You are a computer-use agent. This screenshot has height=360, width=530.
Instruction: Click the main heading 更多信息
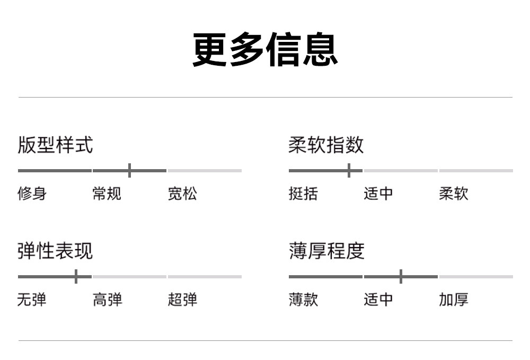click(x=266, y=49)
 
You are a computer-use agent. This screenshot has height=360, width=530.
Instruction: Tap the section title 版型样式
click(x=55, y=145)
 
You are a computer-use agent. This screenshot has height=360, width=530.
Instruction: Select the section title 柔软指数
click(x=326, y=145)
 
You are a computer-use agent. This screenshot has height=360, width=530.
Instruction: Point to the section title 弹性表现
click(x=55, y=251)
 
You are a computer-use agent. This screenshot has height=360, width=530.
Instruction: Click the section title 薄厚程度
click(x=326, y=251)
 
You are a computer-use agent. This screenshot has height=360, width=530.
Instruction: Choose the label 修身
click(x=32, y=194)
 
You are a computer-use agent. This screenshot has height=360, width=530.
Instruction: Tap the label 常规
click(x=107, y=194)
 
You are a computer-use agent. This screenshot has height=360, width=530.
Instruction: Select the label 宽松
click(x=182, y=194)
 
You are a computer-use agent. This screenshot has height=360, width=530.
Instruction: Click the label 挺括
click(x=303, y=194)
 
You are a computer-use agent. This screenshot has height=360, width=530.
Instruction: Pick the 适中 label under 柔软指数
click(x=378, y=194)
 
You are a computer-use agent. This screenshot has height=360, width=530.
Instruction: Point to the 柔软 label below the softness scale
click(x=454, y=194)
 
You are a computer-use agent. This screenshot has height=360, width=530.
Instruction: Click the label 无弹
click(x=32, y=300)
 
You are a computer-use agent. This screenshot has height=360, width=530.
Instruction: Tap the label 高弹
click(x=108, y=300)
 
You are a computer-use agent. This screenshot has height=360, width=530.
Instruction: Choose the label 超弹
click(x=182, y=300)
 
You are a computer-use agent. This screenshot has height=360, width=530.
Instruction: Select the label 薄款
click(x=303, y=300)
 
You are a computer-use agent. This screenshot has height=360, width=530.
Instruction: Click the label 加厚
click(x=454, y=300)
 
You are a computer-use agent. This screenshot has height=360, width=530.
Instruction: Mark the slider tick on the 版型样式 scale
click(x=129, y=170)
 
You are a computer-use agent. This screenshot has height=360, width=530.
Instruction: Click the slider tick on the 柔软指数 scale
click(x=349, y=170)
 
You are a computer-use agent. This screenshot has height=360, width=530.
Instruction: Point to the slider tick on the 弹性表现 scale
click(x=76, y=277)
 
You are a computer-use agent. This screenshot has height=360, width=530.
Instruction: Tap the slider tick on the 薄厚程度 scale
click(x=401, y=277)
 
